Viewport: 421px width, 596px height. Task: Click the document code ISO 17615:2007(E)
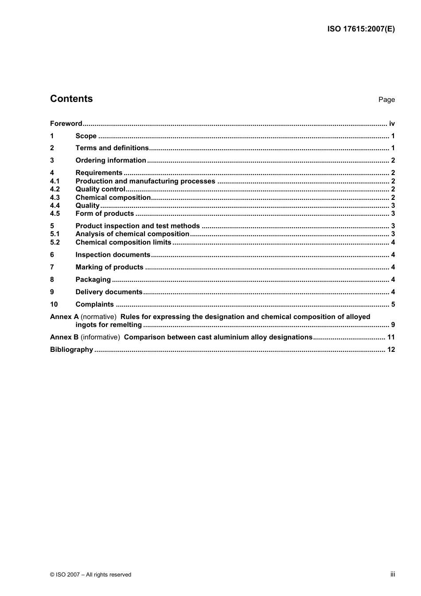click(x=361, y=29)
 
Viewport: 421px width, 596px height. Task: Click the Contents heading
click(x=71, y=99)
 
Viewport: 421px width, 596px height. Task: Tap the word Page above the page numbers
click(x=386, y=100)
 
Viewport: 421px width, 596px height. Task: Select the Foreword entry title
click(x=66, y=124)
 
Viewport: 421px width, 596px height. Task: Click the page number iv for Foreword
click(x=391, y=124)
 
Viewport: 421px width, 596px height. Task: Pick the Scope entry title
click(x=86, y=136)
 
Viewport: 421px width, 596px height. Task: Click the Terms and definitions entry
click(x=112, y=148)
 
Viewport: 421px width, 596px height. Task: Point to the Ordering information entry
click(x=110, y=160)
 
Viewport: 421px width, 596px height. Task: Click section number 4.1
click(x=55, y=181)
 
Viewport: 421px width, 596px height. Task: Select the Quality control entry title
click(x=100, y=189)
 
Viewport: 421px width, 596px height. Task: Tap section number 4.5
click(x=55, y=214)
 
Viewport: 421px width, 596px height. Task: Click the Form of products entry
click(x=105, y=214)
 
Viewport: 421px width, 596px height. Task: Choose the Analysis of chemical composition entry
click(x=132, y=234)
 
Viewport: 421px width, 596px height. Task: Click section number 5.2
click(x=55, y=242)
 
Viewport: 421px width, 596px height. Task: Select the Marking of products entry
click(x=109, y=267)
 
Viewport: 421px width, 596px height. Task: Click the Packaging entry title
click(x=93, y=280)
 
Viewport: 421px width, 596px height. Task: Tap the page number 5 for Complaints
click(x=393, y=304)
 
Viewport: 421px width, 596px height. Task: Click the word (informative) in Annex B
click(x=100, y=337)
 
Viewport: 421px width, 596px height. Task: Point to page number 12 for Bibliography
click(x=390, y=350)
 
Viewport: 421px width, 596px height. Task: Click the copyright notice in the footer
click(x=90, y=575)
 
